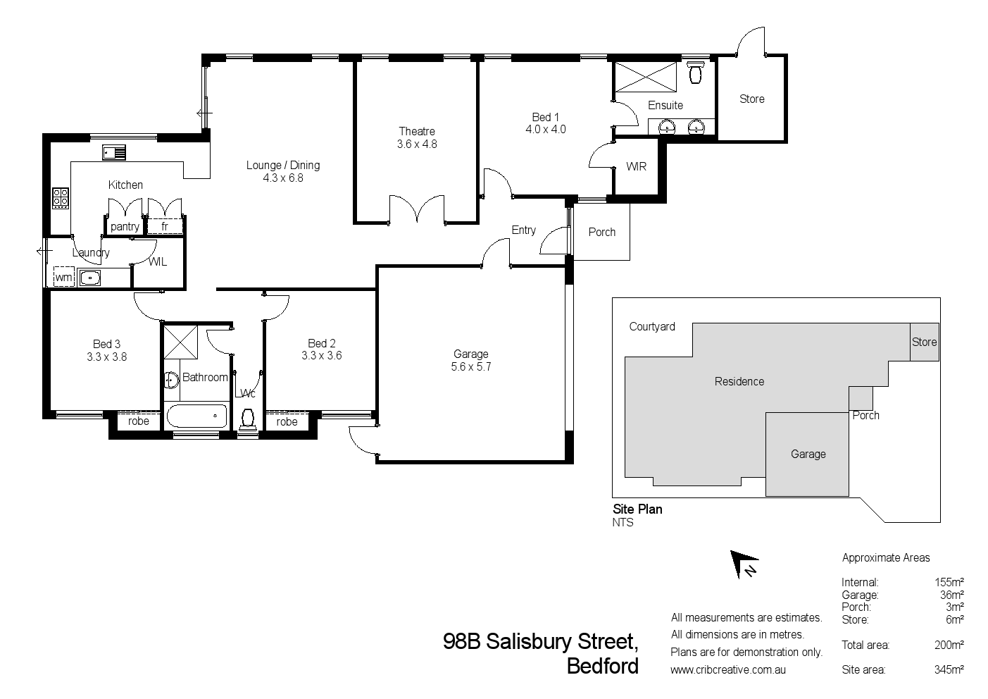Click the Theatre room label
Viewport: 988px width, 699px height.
pos(417,131)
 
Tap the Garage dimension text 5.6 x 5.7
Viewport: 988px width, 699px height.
pos(470,366)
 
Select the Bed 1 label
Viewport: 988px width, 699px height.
pos(545,117)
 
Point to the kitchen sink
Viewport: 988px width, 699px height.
pos(113,151)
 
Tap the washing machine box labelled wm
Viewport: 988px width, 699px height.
pos(64,277)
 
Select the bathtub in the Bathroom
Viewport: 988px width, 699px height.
pos(196,416)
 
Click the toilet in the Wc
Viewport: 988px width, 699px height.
pos(247,418)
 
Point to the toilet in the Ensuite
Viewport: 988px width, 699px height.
pos(696,73)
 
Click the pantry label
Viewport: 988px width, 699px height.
pos(125,226)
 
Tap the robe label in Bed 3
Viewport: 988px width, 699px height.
pos(139,421)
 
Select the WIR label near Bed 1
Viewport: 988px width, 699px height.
pos(636,167)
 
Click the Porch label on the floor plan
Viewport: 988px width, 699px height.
pos(601,232)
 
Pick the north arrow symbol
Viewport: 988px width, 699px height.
pos(743,564)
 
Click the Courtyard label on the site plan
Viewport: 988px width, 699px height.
pos(652,326)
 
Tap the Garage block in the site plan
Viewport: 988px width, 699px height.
pos(808,454)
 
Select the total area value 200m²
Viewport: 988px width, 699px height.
pos(949,645)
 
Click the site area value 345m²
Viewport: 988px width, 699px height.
pos(949,669)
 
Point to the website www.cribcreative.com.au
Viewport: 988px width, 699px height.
pos(728,670)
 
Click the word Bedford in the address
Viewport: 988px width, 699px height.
pos(603,666)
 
